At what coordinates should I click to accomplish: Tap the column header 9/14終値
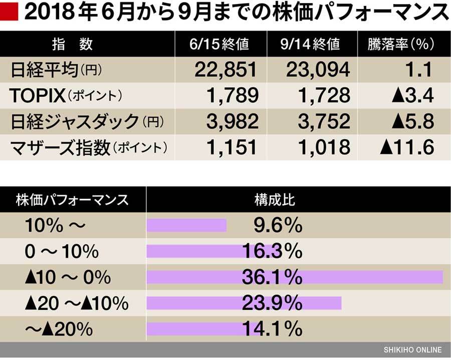311,44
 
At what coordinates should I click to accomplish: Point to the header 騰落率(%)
400,44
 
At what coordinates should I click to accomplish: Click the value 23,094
318,70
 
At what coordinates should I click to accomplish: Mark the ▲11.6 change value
406,147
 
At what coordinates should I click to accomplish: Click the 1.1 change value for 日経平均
420,70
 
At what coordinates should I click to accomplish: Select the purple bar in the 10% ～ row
186,226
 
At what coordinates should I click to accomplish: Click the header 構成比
275,200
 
